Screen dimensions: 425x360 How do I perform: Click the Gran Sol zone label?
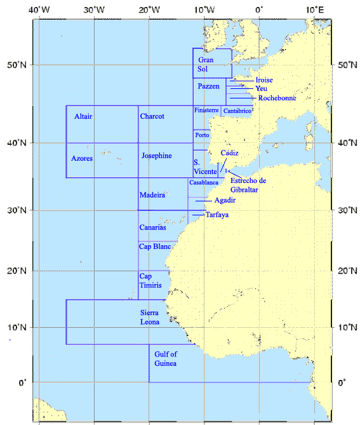coord(206,64)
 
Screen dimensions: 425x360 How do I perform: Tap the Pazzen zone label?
coord(208,86)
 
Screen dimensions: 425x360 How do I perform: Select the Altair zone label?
coord(83,117)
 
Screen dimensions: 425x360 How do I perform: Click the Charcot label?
coord(152,116)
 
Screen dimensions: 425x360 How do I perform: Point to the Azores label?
coord(83,158)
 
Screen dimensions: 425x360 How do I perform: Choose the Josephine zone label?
coord(156,156)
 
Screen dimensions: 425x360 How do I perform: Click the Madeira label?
coord(153,195)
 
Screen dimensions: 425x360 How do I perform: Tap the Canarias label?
coord(152,227)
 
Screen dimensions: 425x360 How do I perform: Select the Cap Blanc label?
coord(155,246)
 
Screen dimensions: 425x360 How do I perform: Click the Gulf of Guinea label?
coord(166,358)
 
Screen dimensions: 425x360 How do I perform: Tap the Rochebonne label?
coord(277,98)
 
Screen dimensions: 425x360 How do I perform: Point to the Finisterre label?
coord(207,110)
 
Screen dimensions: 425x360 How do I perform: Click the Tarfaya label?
coord(217,215)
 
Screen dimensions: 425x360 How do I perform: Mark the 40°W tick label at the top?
coord(39,10)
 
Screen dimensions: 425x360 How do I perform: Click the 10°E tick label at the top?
coord(315,10)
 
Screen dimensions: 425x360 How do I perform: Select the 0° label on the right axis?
coord(342,382)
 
